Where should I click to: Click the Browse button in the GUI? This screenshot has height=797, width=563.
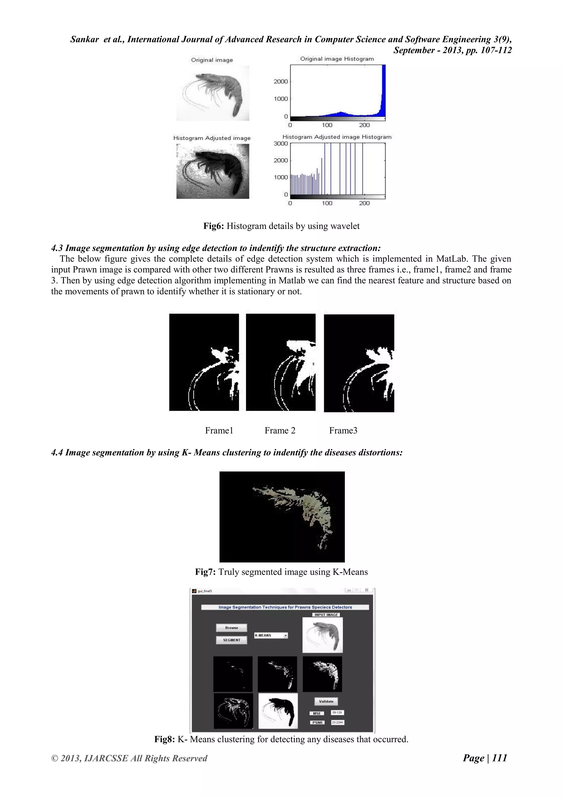point(231,627)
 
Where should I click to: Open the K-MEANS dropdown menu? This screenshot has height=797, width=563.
point(285,635)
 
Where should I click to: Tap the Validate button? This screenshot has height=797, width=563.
point(326,701)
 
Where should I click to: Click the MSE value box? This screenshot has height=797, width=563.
point(337,713)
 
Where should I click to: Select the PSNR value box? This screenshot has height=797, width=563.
point(337,722)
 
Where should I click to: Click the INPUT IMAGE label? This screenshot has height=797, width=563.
point(326,615)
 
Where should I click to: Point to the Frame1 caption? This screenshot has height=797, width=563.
point(219,430)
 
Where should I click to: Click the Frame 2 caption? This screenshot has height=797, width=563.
point(280,430)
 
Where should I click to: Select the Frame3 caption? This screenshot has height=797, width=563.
point(343,430)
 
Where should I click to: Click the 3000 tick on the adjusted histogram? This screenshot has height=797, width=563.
point(280,143)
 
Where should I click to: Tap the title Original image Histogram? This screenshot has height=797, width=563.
point(337,59)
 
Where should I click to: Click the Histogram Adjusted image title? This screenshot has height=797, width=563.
point(212,138)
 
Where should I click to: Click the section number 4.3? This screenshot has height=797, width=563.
point(57,248)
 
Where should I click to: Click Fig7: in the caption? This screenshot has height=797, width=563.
point(206,572)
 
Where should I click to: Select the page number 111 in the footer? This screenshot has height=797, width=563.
point(499,758)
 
